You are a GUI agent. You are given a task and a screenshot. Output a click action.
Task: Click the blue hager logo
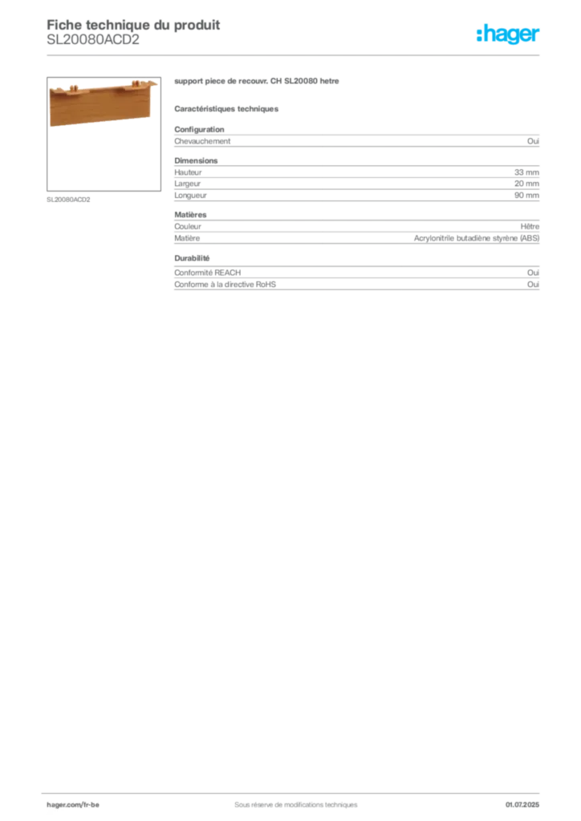(509, 34)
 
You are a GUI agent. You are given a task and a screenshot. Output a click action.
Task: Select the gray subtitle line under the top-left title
(92, 44)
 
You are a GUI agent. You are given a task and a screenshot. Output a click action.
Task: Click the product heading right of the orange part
(257, 83)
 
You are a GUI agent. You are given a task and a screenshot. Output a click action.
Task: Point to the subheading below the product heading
(228, 108)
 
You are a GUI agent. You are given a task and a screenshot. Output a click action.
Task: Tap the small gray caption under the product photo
(71, 200)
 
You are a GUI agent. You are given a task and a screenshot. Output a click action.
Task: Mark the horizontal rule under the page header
(295, 54)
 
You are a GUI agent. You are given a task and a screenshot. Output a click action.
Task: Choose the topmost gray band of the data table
(356, 140)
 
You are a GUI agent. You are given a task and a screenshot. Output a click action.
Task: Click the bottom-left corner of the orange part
(51, 126)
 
